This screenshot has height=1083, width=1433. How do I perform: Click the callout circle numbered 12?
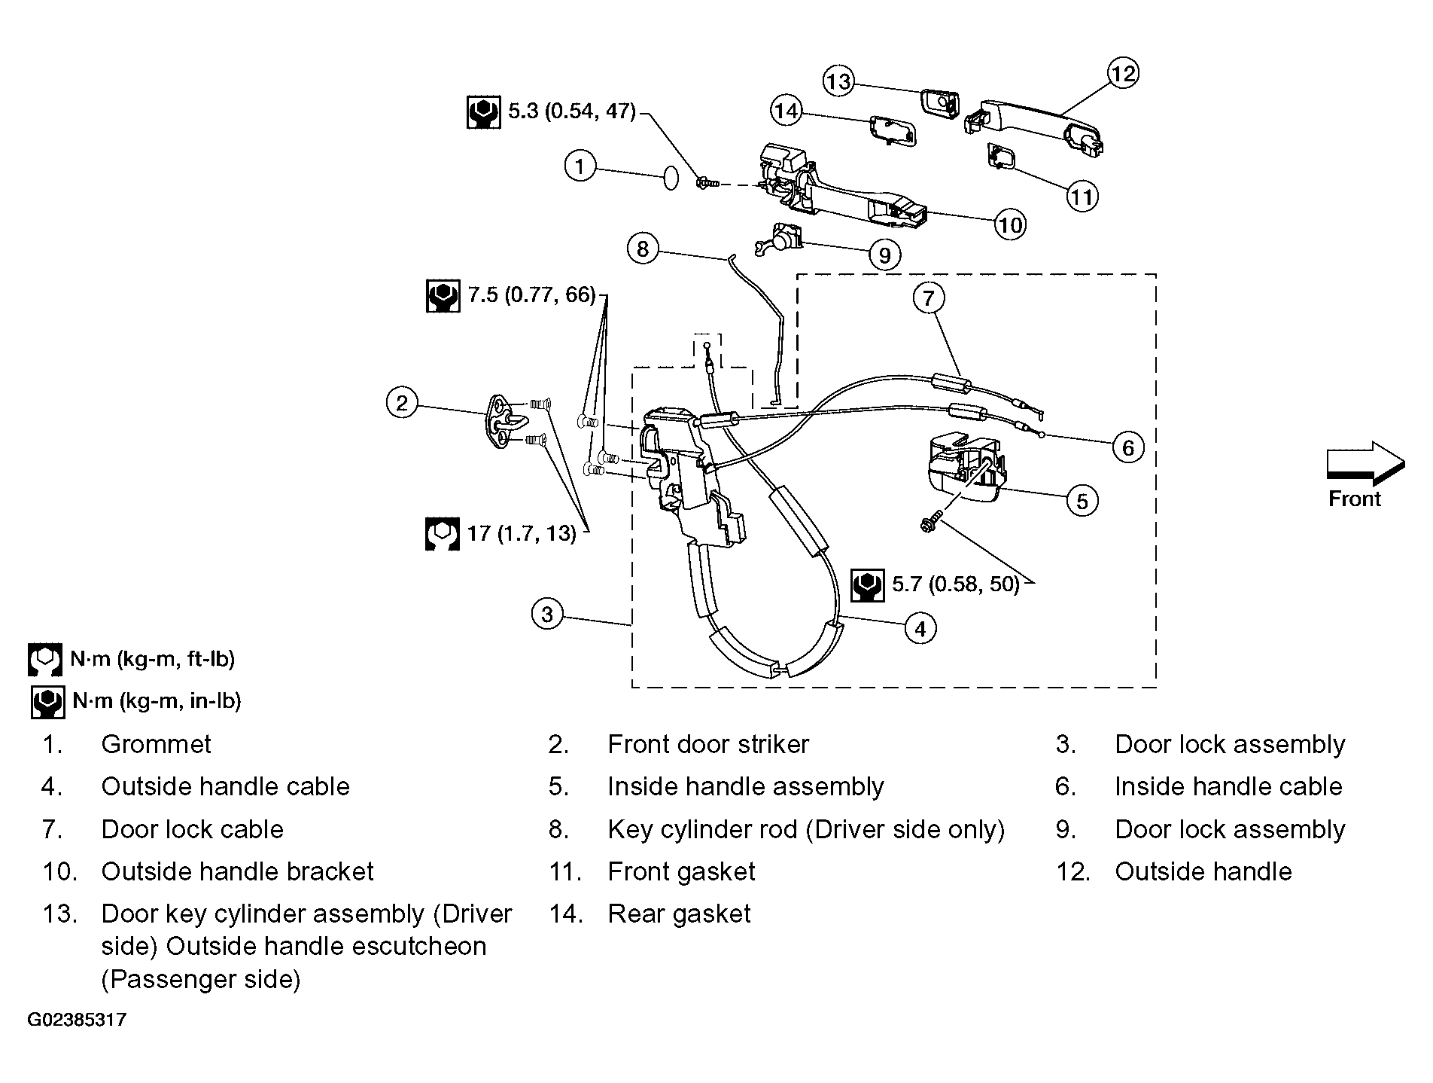(x=1122, y=73)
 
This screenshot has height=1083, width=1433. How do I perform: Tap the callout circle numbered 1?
(x=580, y=166)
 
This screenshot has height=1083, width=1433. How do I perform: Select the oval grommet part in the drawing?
(x=670, y=178)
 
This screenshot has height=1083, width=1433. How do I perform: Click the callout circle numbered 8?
(x=643, y=249)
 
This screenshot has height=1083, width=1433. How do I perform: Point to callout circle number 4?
(x=920, y=627)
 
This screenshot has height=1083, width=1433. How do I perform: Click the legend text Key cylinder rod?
(x=702, y=829)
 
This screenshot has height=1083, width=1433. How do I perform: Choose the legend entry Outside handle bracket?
(x=237, y=871)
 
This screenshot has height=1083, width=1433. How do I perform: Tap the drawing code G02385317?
(x=78, y=1020)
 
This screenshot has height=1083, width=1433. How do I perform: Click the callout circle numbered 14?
(x=786, y=111)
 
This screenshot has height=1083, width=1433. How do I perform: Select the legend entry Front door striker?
(x=708, y=744)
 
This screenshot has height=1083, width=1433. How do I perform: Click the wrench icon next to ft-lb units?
(x=45, y=659)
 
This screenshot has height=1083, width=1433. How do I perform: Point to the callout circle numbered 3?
(x=547, y=615)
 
